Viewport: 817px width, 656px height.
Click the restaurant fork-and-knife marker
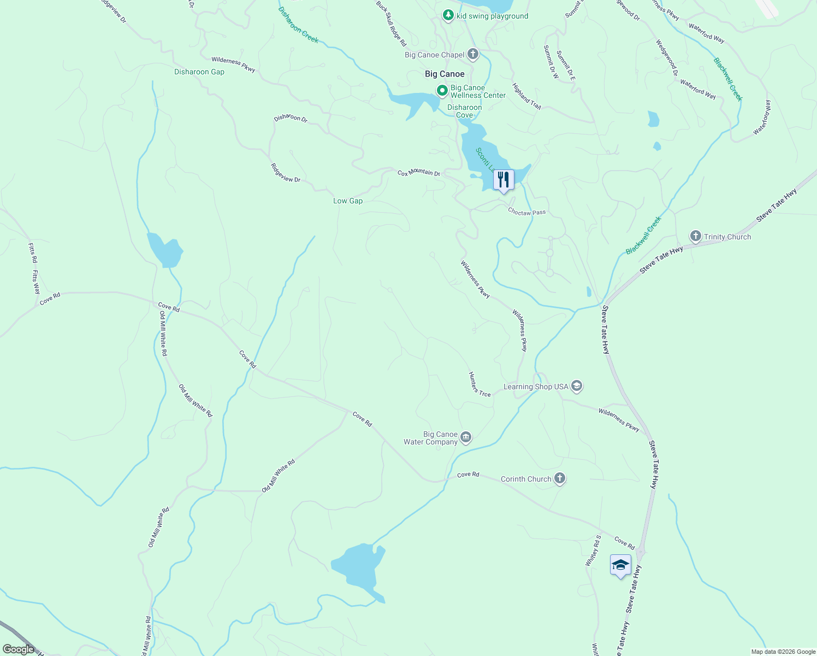pyautogui.click(x=503, y=180)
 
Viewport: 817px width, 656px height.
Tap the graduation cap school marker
pyautogui.click(x=620, y=565)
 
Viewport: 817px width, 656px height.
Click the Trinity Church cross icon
pyautogui.click(x=695, y=236)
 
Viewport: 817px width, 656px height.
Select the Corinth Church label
pyautogui.click(x=526, y=479)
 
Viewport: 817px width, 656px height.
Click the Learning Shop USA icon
pyautogui.click(x=577, y=386)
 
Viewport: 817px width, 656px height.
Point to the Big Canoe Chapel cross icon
pyautogui.click(x=473, y=54)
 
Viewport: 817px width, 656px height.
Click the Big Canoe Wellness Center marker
pyautogui.click(x=442, y=90)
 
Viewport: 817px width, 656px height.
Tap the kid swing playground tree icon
pyautogui.click(x=448, y=15)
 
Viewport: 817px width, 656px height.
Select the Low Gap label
pyautogui.click(x=348, y=201)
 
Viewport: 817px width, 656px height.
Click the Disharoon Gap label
pyautogui.click(x=199, y=72)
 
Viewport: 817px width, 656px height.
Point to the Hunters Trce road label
pyautogui.click(x=479, y=384)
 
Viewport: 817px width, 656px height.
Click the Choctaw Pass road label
pyautogui.click(x=526, y=212)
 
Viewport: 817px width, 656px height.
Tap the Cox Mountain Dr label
pyautogui.click(x=418, y=173)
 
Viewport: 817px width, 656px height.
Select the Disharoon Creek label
pyautogui.click(x=298, y=25)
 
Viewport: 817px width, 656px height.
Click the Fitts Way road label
pyautogui.click(x=36, y=282)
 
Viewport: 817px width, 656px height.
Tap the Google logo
pyautogui.click(x=18, y=649)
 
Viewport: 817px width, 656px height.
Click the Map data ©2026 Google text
pyautogui.click(x=783, y=652)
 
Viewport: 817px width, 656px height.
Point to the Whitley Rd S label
pyautogui.click(x=593, y=550)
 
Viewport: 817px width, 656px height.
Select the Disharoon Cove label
pyautogui.click(x=464, y=111)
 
